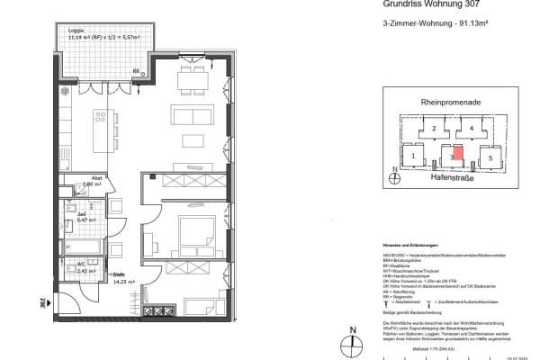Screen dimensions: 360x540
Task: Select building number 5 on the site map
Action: tap(491, 157)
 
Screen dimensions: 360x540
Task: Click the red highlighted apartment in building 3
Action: tap(458, 152)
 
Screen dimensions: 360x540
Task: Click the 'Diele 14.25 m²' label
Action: tap(118, 278)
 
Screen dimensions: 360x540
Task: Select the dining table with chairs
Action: tap(191, 78)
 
